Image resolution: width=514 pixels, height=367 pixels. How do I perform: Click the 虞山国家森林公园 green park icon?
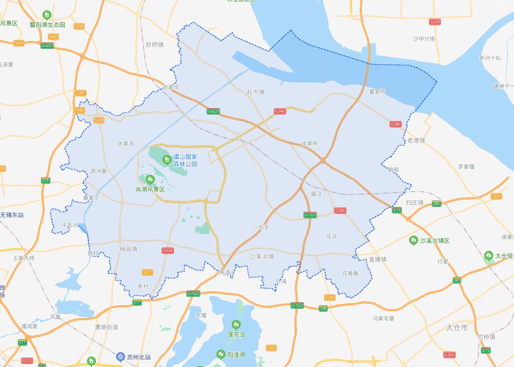tap(167, 160)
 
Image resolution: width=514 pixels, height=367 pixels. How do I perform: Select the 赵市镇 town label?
tap(256, 92)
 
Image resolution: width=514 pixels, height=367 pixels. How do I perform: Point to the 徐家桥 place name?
tap(310, 144)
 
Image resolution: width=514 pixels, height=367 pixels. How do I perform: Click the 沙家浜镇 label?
tap(262, 256)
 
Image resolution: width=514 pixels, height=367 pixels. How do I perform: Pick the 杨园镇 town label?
tap(128, 249)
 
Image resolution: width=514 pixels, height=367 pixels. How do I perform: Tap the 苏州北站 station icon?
tap(121, 357)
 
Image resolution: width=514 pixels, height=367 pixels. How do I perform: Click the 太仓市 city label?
tap(457, 327)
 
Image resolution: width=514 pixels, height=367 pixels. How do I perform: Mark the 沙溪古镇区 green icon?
tap(414, 241)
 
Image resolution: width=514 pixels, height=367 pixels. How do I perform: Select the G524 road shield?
tap(168, 250)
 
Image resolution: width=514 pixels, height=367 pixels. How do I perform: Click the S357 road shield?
tap(81, 93)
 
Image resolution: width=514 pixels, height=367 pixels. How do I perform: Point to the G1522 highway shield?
tap(193, 293)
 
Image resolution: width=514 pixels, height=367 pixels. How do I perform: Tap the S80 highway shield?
tap(436, 204)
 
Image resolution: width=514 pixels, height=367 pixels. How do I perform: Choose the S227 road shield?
tap(147, 272)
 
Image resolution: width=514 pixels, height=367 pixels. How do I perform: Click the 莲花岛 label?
tap(236, 334)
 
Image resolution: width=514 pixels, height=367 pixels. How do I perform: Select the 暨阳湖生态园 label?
tap(47, 25)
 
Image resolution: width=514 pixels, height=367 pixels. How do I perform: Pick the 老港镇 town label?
tap(416, 141)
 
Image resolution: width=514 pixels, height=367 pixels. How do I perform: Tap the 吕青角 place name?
tap(350, 273)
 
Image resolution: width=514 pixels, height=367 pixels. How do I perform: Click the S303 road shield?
tap(271, 348)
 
